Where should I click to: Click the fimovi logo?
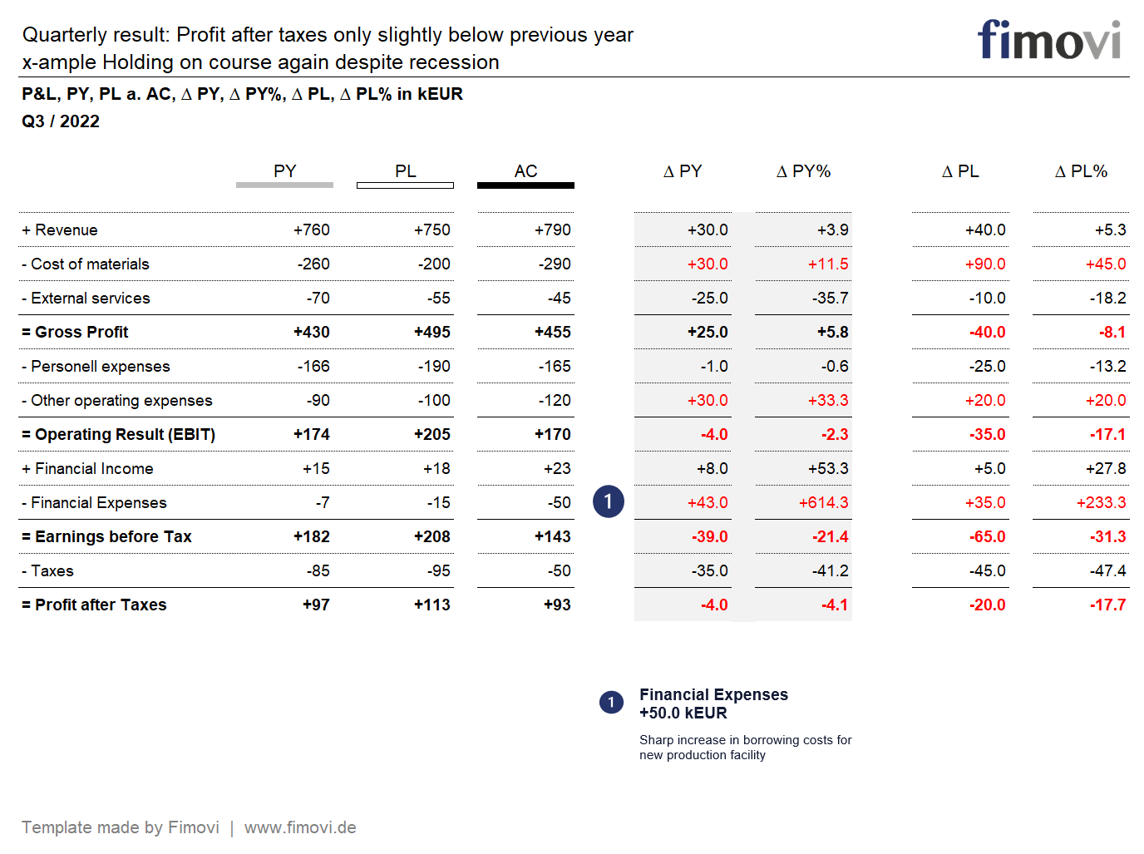click(x=1048, y=41)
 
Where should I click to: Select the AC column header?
click(x=525, y=171)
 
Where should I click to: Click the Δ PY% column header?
click(x=803, y=171)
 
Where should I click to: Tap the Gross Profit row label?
click(x=76, y=332)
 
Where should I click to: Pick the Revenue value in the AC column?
click(x=552, y=230)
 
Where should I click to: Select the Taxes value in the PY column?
click(x=318, y=571)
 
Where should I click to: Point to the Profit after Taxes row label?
click(x=95, y=605)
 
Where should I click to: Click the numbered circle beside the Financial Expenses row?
click(x=608, y=501)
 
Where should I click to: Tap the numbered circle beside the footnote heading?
click(x=611, y=703)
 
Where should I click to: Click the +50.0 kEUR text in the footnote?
click(x=683, y=713)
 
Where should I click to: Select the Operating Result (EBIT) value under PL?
click(x=431, y=435)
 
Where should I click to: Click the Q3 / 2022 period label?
click(x=61, y=121)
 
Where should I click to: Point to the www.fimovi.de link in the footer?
click(x=300, y=827)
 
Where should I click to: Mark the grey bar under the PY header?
click(x=284, y=185)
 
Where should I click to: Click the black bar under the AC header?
click(x=525, y=185)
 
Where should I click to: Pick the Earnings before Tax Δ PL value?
click(x=987, y=537)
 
